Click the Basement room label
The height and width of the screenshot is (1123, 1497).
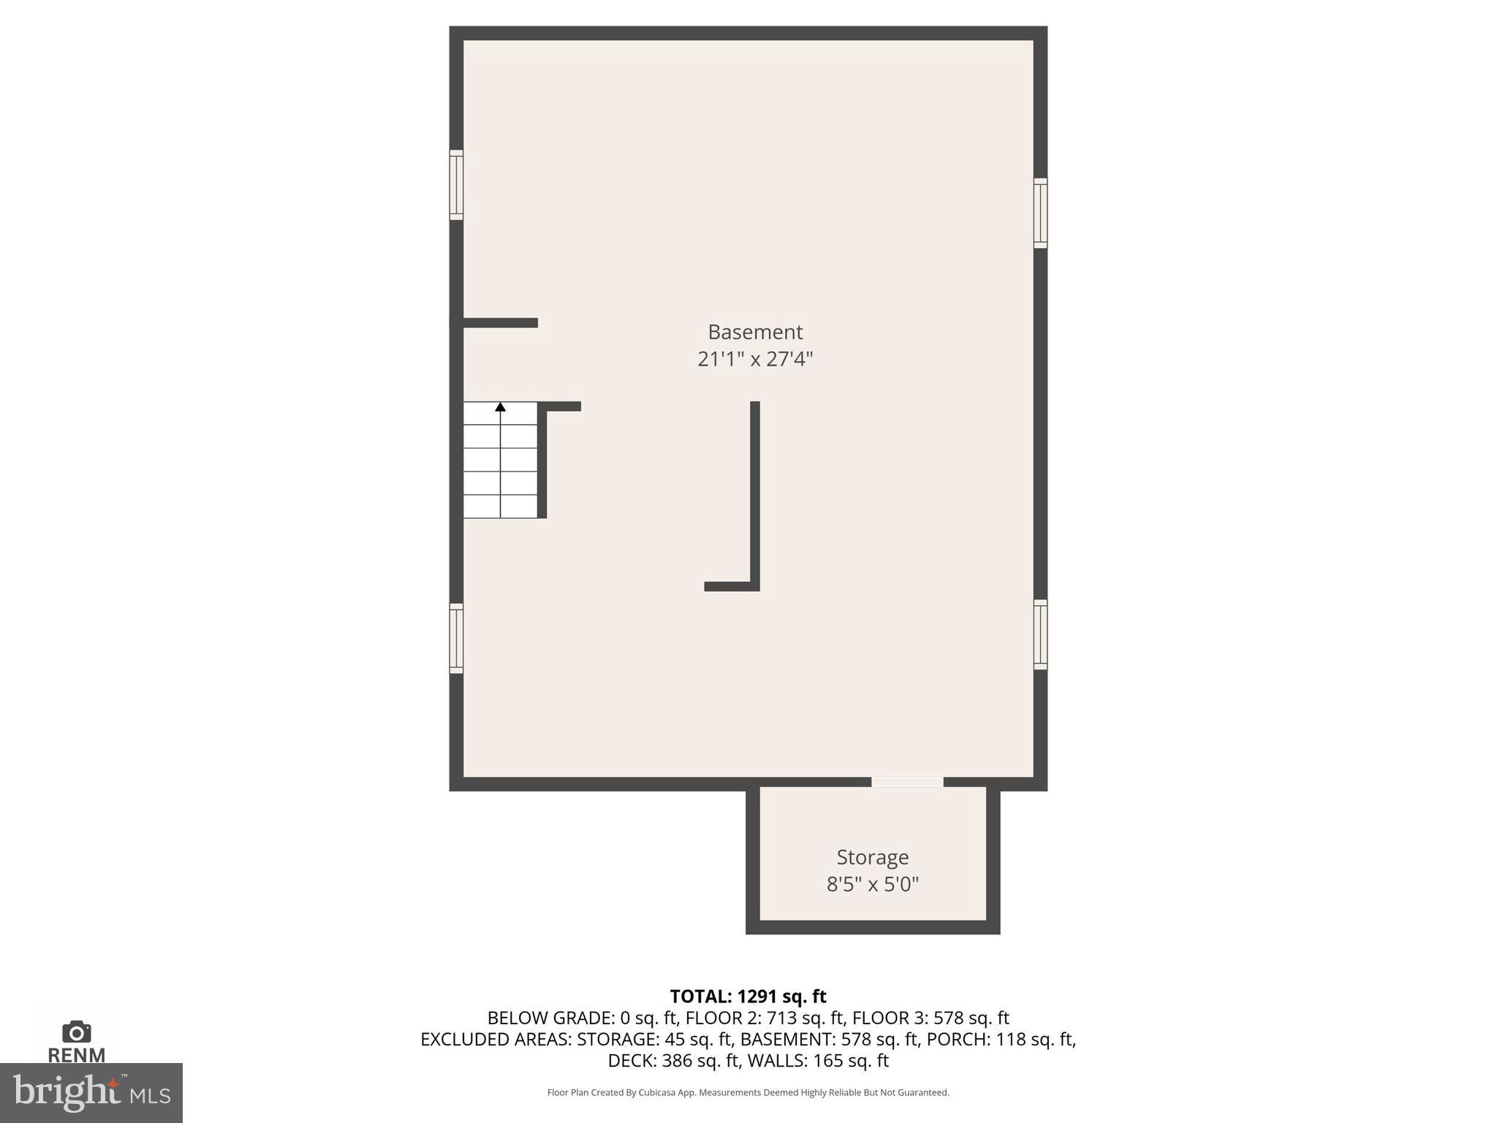tap(755, 332)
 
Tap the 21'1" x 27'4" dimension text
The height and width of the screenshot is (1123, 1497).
tap(755, 359)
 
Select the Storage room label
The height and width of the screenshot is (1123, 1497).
tap(872, 857)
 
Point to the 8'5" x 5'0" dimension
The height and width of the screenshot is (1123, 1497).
tap(872, 885)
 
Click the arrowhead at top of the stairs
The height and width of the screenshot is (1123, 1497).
tap(501, 407)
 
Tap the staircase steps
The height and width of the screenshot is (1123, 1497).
tap(501, 461)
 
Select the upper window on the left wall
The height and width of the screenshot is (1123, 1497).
tap(456, 184)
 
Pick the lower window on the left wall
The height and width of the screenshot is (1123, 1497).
tap(456, 638)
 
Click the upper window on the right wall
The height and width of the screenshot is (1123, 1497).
tap(1040, 213)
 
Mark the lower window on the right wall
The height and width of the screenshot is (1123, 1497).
tap(1040, 635)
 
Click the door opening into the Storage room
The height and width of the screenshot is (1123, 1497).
tap(907, 782)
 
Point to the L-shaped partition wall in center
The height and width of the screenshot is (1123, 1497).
tap(754, 497)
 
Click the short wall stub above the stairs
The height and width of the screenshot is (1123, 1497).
tap(501, 322)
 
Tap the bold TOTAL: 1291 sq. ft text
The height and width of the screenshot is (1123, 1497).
tap(748, 997)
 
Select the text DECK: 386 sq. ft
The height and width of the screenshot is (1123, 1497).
tap(673, 1060)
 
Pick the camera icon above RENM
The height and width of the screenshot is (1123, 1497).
tap(76, 1032)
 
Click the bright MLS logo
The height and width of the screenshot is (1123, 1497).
tap(91, 1093)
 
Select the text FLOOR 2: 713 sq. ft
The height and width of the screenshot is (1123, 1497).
tap(765, 1018)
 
